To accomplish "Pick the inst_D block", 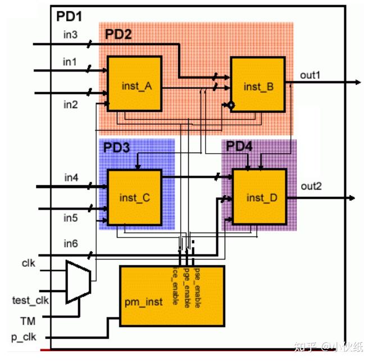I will [x=261, y=198].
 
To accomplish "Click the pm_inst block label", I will [x=143, y=302].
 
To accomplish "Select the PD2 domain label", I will [x=118, y=34].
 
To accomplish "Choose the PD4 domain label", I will [x=239, y=147].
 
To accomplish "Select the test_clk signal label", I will [x=30, y=300].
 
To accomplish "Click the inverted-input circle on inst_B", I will [x=230, y=105].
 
